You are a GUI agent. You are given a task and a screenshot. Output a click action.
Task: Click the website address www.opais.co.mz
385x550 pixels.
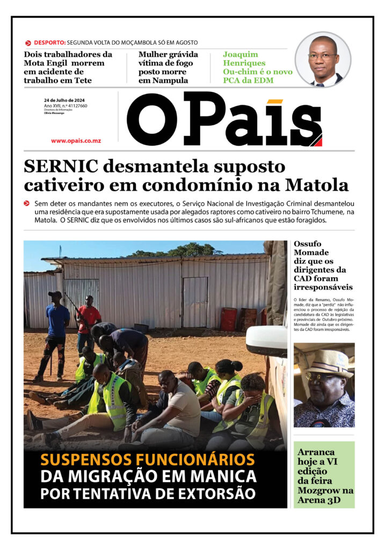point(76,141)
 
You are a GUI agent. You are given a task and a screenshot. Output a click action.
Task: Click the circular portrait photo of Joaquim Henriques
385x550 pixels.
point(323,59)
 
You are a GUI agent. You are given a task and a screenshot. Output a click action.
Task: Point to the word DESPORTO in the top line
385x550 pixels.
point(49,42)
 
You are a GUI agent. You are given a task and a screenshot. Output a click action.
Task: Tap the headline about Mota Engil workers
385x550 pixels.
point(68,67)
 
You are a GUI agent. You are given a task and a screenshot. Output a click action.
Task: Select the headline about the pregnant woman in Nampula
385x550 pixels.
point(168,67)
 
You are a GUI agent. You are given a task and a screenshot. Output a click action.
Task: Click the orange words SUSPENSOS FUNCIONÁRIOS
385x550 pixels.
point(147,460)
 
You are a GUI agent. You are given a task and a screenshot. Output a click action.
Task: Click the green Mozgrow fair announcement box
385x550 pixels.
point(324,475)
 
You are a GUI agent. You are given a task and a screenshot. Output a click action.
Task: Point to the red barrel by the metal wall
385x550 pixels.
point(229,319)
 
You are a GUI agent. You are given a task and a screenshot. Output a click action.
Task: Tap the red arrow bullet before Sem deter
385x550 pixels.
point(27,204)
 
